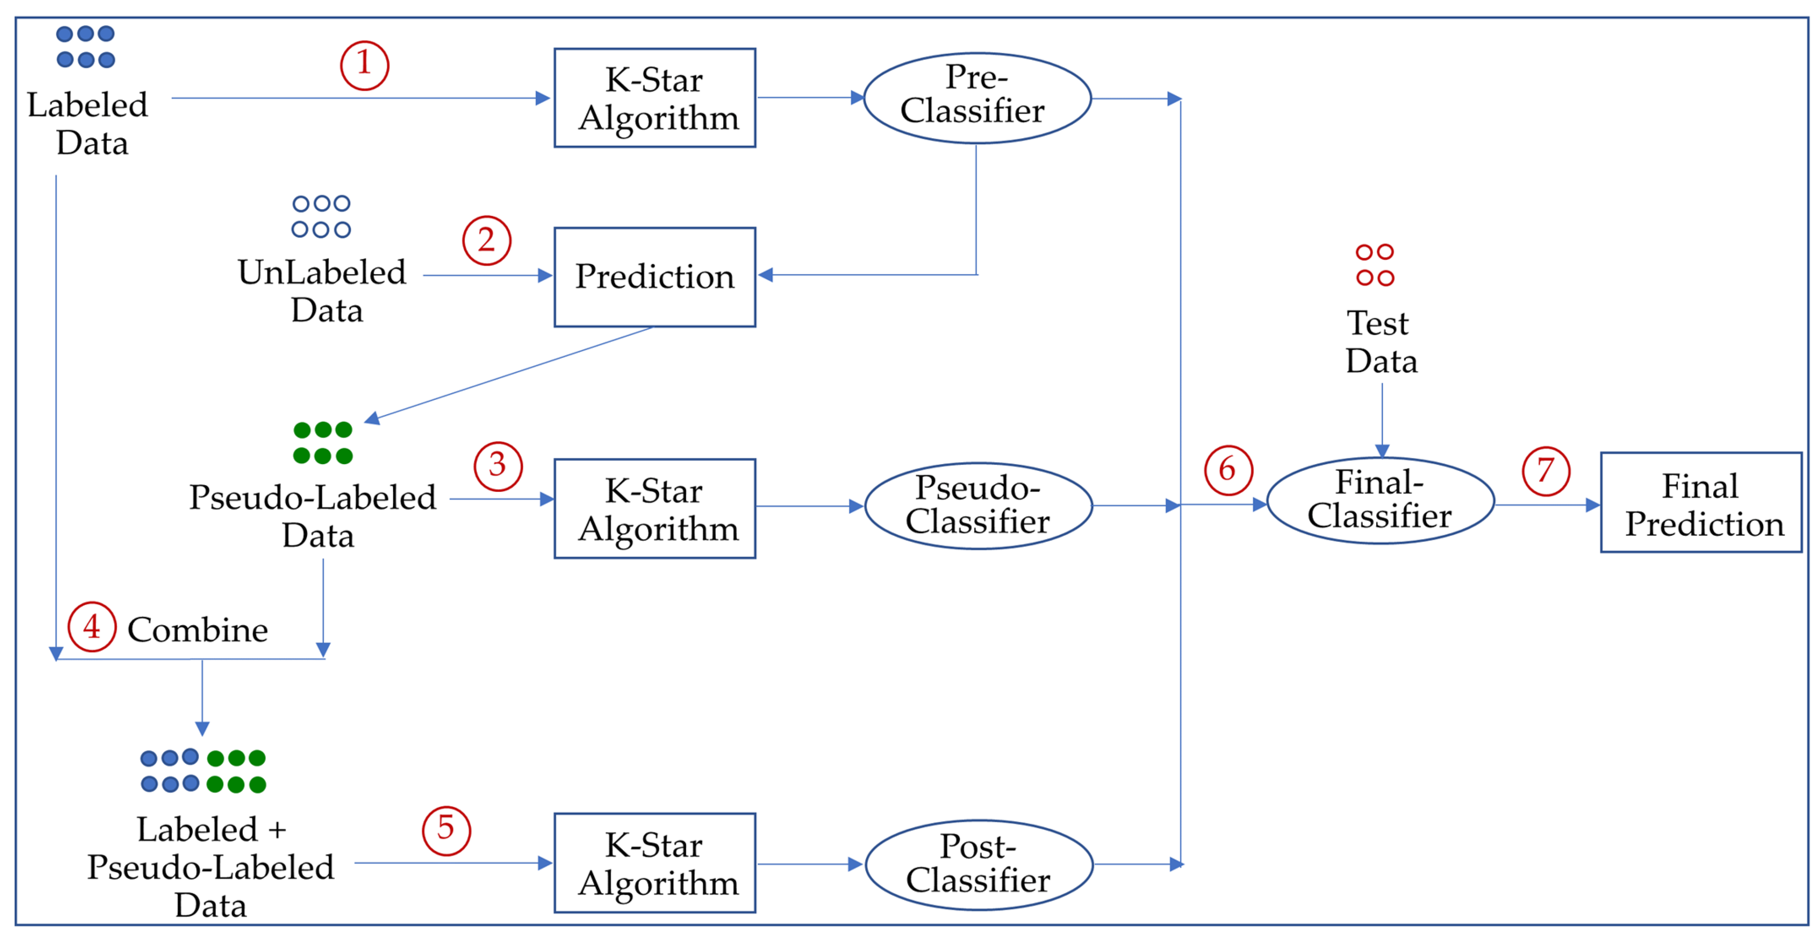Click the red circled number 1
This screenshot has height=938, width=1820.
(364, 65)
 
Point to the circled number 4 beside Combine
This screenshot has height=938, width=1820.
(92, 626)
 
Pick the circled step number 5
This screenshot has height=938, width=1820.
(446, 830)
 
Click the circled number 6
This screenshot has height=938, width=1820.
(1228, 469)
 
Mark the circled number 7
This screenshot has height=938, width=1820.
(1545, 471)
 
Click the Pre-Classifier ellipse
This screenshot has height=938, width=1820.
(977, 97)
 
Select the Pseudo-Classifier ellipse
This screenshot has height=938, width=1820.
(979, 505)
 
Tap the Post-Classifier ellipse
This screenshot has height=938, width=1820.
(979, 864)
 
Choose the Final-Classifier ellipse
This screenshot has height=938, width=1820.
(1380, 500)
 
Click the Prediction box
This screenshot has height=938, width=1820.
(654, 276)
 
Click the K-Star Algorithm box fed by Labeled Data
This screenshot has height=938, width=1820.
(654, 97)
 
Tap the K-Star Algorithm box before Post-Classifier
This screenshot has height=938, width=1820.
(654, 862)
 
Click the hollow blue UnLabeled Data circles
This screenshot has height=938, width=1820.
(321, 216)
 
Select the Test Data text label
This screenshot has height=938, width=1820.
(1380, 342)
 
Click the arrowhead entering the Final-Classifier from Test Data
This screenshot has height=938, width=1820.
(1382, 450)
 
